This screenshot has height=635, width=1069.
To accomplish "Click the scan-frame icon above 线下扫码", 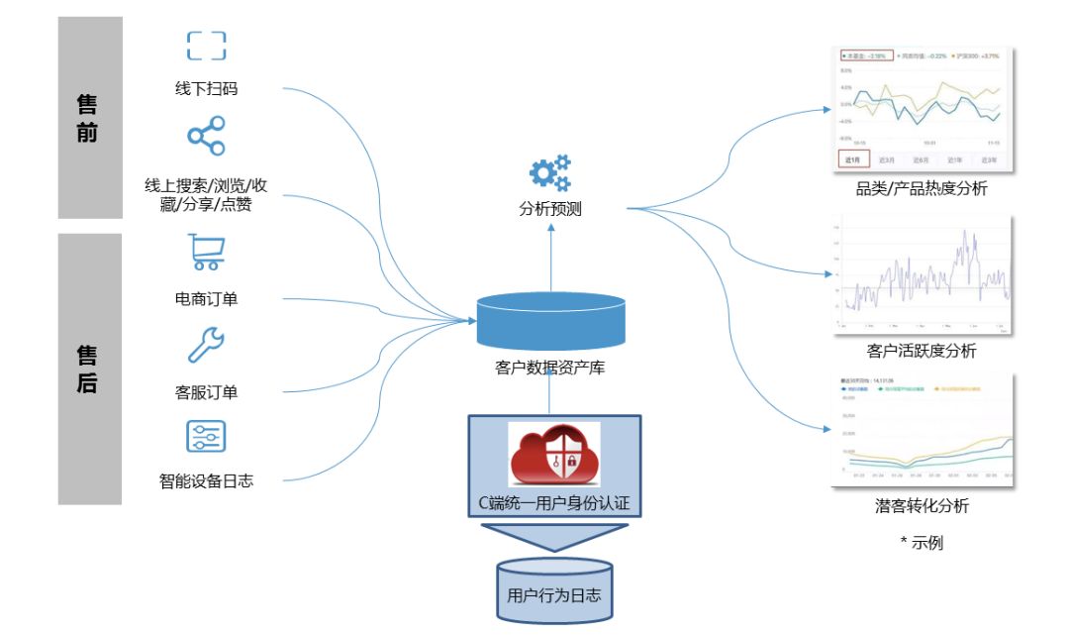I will [x=206, y=46].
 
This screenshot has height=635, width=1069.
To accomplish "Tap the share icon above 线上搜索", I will [x=206, y=136].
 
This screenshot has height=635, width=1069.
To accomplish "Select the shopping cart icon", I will [x=206, y=252].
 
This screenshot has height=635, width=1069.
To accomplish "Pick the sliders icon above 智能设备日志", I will [x=206, y=437].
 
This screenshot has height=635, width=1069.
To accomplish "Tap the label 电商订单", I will [x=206, y=298].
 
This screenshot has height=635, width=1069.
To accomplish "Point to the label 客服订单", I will [x=206, y=392].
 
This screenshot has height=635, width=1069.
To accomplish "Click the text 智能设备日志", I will [x=206, y=481].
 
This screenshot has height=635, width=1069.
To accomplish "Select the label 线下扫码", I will [x=206, y=88].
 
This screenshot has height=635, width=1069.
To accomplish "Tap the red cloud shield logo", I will [x=553, y=455].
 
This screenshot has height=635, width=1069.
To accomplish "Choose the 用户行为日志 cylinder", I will [x=553, y=591].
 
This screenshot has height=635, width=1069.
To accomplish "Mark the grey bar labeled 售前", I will [x=89, y=117].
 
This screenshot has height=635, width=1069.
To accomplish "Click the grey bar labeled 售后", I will [x=89, y=369].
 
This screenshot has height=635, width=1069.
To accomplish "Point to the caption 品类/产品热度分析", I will [x=922, y=188].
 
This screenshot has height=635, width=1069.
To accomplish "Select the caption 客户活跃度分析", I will [x=922, y=351].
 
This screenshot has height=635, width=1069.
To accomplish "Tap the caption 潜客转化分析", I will [x=922, y=506].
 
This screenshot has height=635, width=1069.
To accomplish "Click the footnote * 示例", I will [x=922, y=543].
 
